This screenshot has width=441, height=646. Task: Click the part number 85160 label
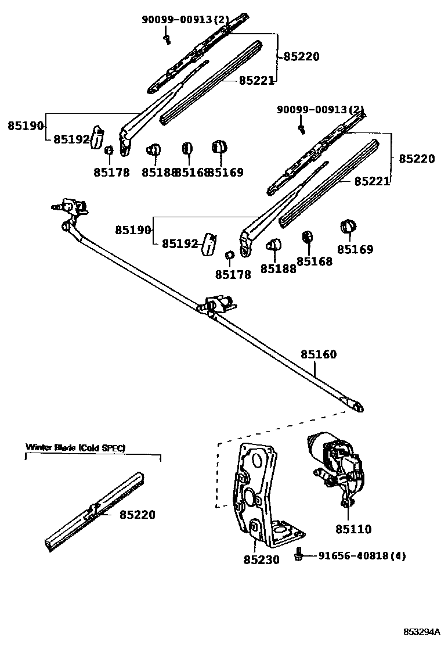click(318, 354)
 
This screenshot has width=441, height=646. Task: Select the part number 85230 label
click(261, 560)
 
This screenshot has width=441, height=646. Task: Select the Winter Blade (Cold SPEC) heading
click(75, 447)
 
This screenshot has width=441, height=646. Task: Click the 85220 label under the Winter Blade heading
click(138, 515)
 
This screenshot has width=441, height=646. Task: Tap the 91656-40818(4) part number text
click(362, 556)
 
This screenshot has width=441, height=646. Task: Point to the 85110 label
click(353, 529)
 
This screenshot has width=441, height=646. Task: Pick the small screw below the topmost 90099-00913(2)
click(167, 38)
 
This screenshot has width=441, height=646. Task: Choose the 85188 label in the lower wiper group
click(278, 269)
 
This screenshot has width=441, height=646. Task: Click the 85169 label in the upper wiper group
click(225, 172)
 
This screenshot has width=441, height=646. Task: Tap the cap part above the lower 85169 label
click(349, 227)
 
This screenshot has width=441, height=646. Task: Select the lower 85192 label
click(180, 244)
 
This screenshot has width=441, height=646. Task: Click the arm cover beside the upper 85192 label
click(97, 137)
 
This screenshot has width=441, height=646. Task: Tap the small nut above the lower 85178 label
click(229, 256)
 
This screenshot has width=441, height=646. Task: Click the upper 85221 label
click(256, 81)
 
